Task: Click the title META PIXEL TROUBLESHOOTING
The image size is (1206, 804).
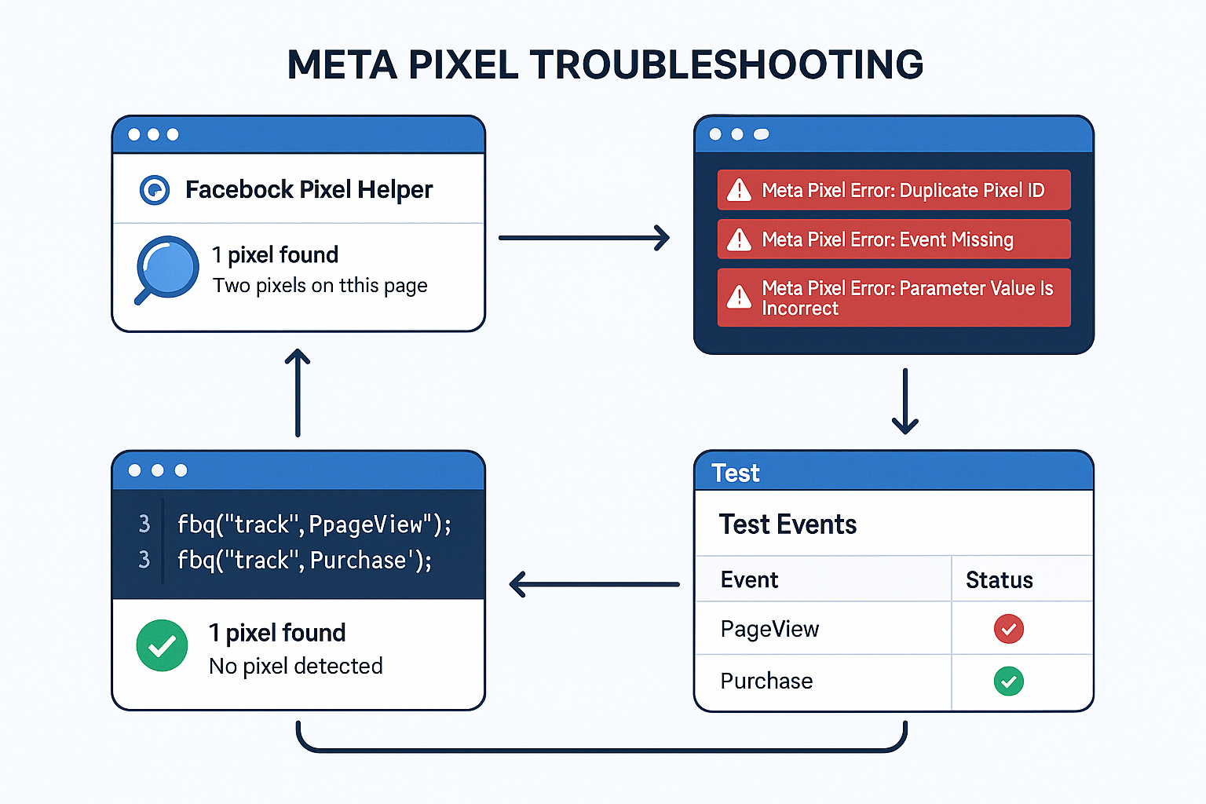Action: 605,65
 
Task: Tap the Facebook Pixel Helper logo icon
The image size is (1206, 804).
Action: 155,190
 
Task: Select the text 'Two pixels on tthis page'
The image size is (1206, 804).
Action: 320,286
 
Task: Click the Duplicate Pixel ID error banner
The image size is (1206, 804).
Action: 894,190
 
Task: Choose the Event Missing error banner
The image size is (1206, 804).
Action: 894,239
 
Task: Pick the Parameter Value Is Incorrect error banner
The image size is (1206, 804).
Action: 894,298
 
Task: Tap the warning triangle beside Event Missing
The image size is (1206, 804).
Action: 739,239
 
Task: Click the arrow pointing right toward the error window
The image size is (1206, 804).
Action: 584,238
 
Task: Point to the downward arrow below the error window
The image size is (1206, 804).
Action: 905,401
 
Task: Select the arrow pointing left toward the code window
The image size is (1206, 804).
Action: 594,584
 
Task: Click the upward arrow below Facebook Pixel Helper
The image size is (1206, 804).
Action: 298,393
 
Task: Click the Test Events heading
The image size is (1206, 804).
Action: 788,524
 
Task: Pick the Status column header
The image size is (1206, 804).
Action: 999,580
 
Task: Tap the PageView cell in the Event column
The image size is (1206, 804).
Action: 769,629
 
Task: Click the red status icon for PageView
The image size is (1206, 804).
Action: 1008,629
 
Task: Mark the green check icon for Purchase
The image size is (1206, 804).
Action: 1008,682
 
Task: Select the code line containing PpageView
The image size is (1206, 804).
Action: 314,524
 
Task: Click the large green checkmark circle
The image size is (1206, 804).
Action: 162,646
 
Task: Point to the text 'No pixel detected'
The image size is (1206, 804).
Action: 295,667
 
